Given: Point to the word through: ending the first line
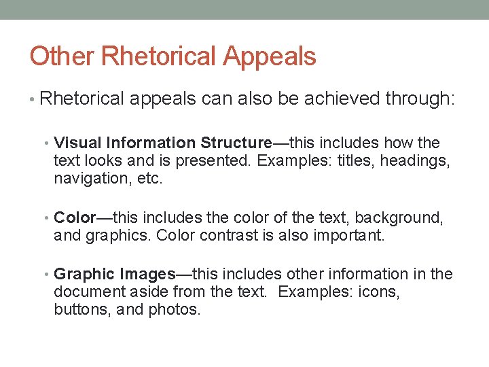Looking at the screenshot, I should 420,99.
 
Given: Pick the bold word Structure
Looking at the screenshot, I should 236,143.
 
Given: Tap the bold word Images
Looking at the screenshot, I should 148,275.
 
